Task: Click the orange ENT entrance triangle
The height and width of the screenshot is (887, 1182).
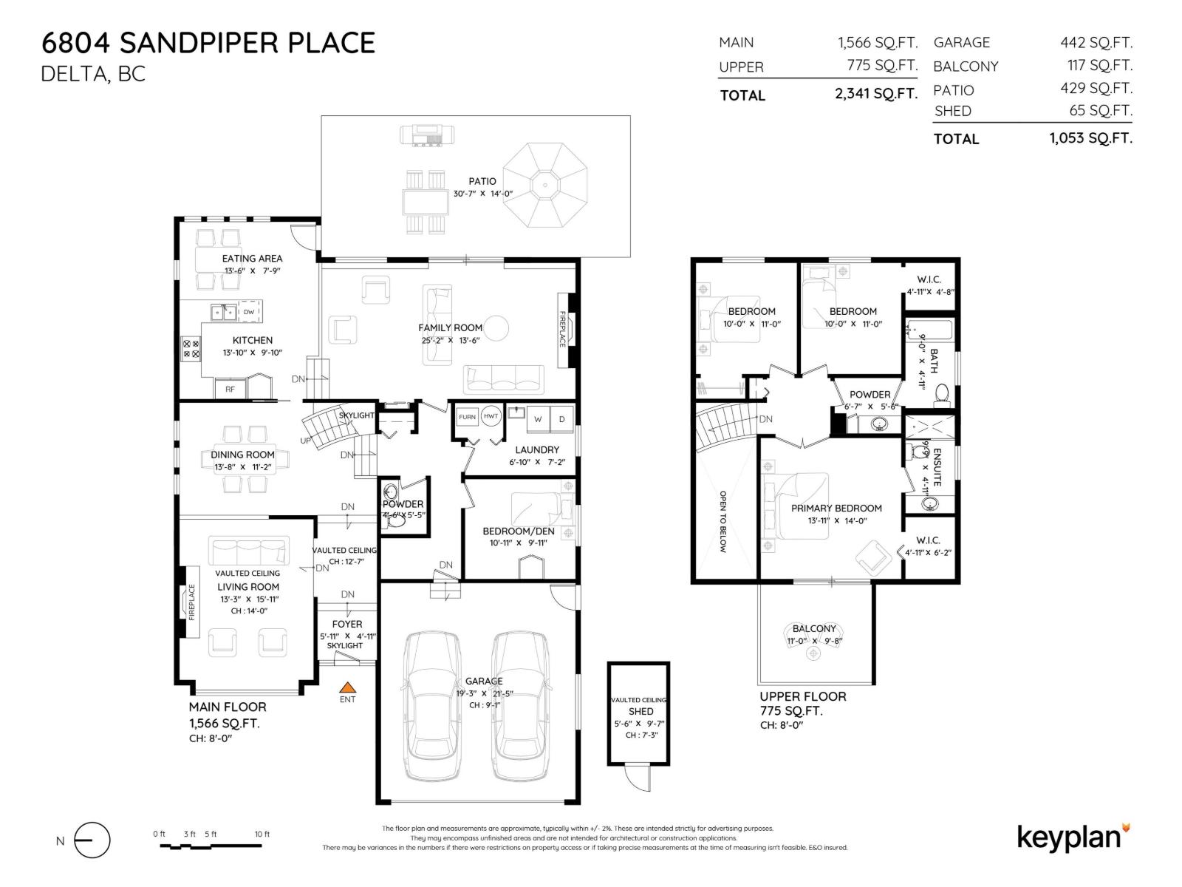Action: (347, 687)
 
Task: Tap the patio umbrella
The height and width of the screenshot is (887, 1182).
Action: (544, 185)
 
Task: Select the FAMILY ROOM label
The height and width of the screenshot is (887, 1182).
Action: (450, 327)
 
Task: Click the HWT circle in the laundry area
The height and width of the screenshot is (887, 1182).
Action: (491, 416)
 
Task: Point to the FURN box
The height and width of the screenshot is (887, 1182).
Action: (467, 417)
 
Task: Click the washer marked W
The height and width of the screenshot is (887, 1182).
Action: (538, 419)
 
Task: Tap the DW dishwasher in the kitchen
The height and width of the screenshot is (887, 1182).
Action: (249, 312)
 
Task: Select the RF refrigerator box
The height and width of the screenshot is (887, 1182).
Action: (230, 389)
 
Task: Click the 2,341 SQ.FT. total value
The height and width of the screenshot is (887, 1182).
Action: (876, 94)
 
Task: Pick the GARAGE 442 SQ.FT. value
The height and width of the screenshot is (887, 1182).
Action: (1096, 43)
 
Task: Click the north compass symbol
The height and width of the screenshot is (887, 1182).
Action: (91, 840)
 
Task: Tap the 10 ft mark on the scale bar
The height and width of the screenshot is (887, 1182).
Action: (262, 835)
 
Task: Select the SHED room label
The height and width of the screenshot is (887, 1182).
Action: (640, 711)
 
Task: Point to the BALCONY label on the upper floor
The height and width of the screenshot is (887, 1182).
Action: (814, 628)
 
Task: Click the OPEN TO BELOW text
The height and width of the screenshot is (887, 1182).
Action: (723, 521)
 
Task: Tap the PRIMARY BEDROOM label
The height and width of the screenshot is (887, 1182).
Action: (836, 508)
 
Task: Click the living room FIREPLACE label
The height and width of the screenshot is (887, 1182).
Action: (191, 602)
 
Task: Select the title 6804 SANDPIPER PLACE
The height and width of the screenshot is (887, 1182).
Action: (208, 43)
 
